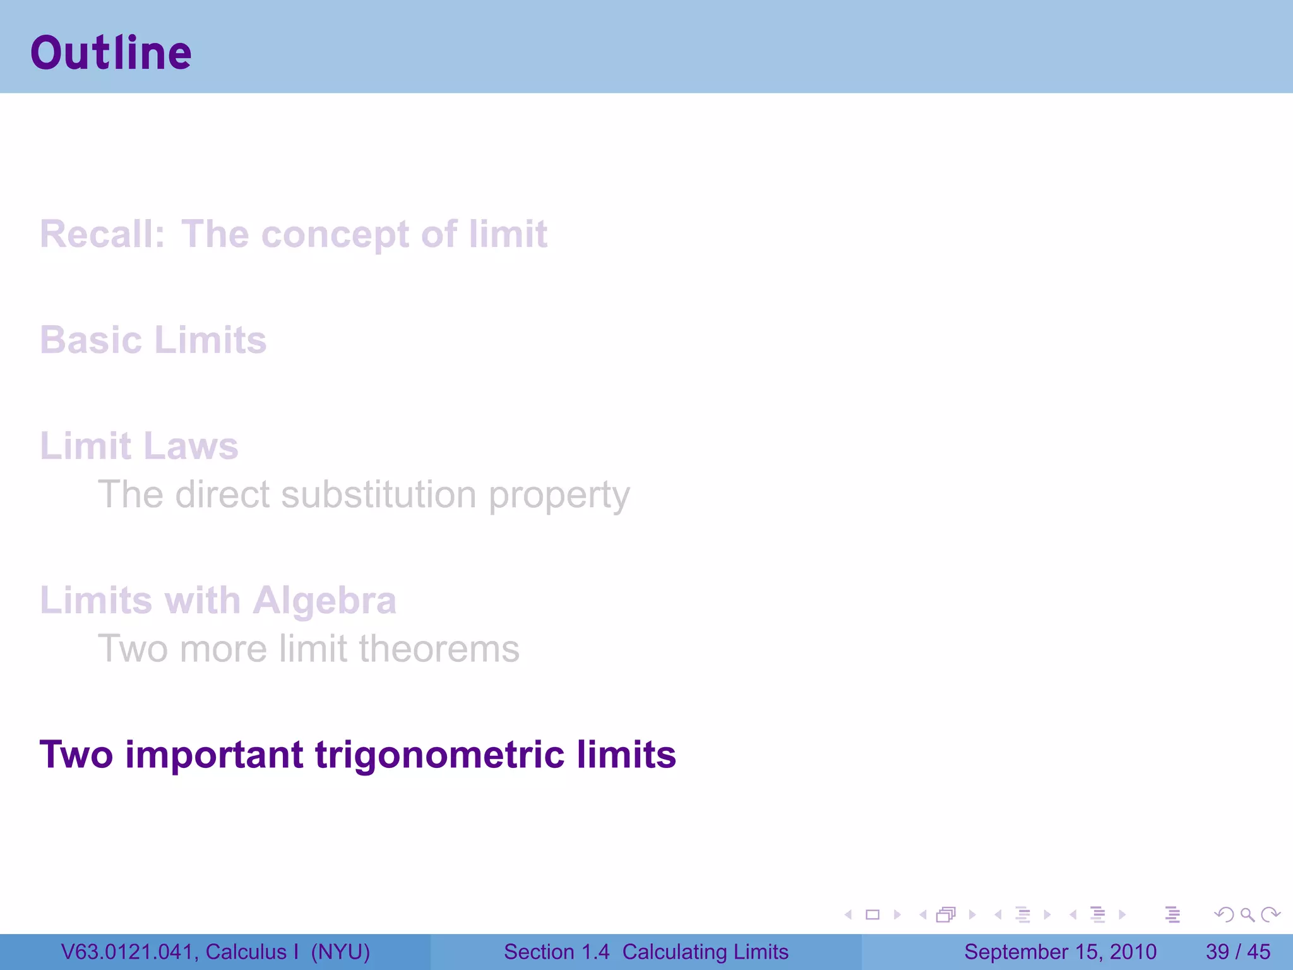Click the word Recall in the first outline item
click(x=101, y=234)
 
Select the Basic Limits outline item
click(x=153, y=340)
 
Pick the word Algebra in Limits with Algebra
click(x=325, y=601)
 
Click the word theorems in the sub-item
click(x=439, y=649)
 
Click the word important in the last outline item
click(x=215, y=755)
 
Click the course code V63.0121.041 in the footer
click(x=129, y=952)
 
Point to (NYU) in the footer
click(x=340, y=952)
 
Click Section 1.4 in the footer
click(x=556, y=952)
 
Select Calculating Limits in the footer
click(x=705, y=952)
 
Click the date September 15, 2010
click(x=1060, y=952)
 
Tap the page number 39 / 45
click(x=1237, y=952)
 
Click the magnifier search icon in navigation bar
click(x=1247, y=914)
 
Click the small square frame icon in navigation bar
click(x=873, y=914)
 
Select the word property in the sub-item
click(x=559, y=496)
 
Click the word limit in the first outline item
click(x=508, y=234)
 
